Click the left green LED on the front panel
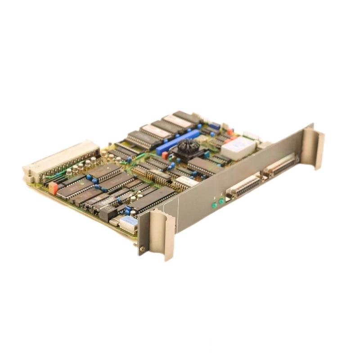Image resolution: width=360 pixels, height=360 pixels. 215,205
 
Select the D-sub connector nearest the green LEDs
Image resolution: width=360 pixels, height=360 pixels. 245,185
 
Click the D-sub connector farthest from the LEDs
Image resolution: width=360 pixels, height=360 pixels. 281,165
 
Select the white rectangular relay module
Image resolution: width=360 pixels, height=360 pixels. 238,148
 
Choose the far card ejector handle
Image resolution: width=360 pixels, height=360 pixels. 313,146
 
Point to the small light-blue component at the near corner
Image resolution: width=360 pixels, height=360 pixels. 128,221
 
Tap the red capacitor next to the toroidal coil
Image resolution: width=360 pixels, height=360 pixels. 165,155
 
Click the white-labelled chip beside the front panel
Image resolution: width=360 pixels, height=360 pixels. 187,182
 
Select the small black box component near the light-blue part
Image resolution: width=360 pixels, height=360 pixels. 108,213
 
